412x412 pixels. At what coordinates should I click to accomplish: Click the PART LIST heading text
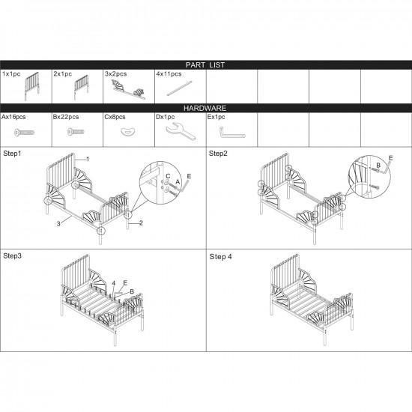[x=205, y=65]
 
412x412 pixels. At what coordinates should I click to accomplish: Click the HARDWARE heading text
[x=205, y=108]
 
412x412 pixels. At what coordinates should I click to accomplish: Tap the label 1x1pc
[x=11, y=74]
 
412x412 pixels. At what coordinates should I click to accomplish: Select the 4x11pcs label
[x=169, y=74]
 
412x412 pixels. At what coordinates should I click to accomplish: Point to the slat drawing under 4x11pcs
[x=180, y=88]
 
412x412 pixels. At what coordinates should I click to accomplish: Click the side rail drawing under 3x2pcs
[x=129, y=90]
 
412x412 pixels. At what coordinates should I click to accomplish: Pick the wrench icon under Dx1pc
[x=181, y=130]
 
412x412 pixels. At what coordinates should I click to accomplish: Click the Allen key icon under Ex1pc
[x=231, y=132]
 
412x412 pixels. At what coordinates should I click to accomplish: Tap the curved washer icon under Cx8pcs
[x=128, y=131]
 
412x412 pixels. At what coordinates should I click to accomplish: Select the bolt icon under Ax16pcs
[x=24, y=133]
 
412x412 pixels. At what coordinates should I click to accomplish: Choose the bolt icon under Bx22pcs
[x=76, y=132]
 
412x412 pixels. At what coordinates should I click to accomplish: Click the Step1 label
[x=12, y=154]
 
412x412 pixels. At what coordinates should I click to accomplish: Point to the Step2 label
[x=218, y=154]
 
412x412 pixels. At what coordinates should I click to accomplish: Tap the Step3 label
[x=12, y=256]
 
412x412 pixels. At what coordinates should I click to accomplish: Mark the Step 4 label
[x=221, y=257]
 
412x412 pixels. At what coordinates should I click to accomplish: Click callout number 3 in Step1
[x=58, y=224]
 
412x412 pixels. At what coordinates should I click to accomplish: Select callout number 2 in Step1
[x=141, y=222]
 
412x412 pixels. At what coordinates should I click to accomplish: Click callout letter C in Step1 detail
[x=168, y=176]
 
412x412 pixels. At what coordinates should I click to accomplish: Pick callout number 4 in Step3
[x=114, y=283]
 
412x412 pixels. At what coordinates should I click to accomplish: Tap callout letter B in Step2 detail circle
[x=378, y=166]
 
